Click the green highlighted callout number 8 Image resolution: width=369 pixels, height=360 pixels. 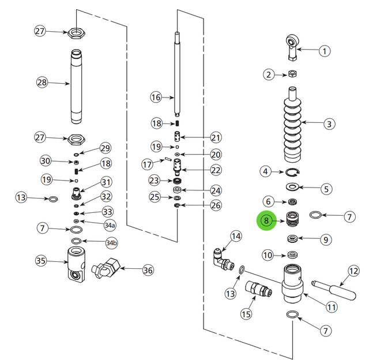coord(266,220)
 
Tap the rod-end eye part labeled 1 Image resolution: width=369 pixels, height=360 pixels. coord(293,46)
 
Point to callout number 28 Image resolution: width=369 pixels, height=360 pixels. coord(42,82)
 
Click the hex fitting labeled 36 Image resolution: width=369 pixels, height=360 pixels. coord(108,267)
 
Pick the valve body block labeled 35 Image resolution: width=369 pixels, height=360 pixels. coord(74,263)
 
